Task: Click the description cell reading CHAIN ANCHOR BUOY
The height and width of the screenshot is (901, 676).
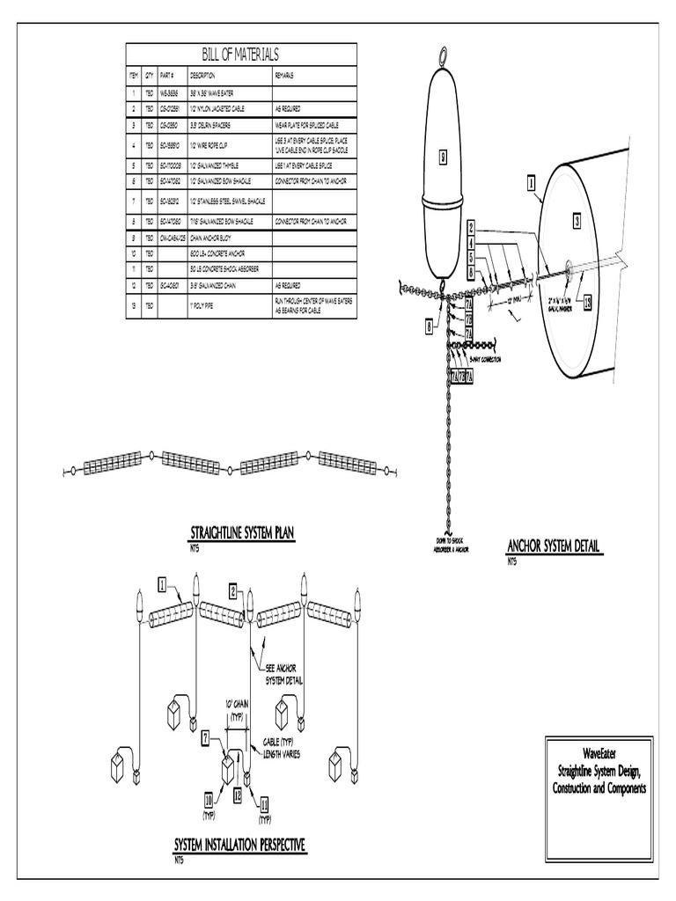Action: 215,238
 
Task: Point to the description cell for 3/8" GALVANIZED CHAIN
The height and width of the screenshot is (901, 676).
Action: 217,285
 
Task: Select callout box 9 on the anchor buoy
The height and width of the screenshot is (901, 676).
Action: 445,158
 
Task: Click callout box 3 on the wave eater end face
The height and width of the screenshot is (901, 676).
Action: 577,222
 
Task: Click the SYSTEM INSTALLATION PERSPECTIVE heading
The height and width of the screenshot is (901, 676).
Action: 239,846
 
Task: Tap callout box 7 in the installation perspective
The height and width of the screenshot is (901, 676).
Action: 205,738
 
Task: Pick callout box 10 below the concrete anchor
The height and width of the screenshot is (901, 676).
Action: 209,801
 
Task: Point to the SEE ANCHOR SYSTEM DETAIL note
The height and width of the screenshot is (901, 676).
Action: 283,674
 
